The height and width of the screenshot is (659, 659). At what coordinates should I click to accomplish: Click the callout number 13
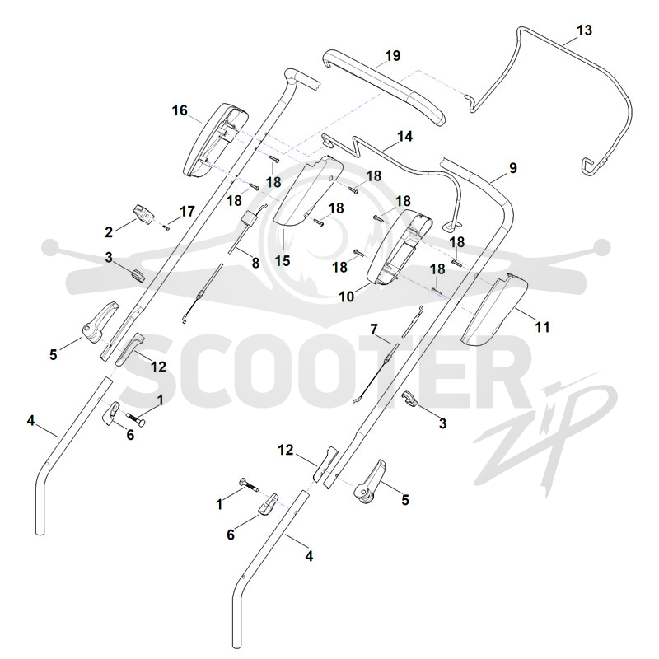(x=584, y=30)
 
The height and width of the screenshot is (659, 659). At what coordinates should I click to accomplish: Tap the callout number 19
(x=393, y=55)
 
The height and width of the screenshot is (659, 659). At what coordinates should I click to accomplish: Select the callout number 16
(x=180, y=110)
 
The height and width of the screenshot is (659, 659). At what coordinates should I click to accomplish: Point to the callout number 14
(x=404, y=136)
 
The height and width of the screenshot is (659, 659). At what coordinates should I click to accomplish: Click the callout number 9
(x=512, y=168)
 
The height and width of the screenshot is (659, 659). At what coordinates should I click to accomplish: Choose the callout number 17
(x=187, y=212)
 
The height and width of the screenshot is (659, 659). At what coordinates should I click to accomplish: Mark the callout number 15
(x=283, y=260)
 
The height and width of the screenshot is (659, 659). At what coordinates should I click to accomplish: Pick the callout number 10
(x=347, y=297)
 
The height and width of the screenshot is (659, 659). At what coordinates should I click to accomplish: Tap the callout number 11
(x=542, y=326)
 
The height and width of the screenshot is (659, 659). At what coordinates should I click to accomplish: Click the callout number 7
(x=374, y=329)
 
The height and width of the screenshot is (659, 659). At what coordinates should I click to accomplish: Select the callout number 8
(x=255, y=263)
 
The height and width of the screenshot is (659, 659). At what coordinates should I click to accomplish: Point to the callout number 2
(x=109, y=231)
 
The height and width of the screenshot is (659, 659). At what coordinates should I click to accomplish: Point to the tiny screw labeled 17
(x=167, y=227)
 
